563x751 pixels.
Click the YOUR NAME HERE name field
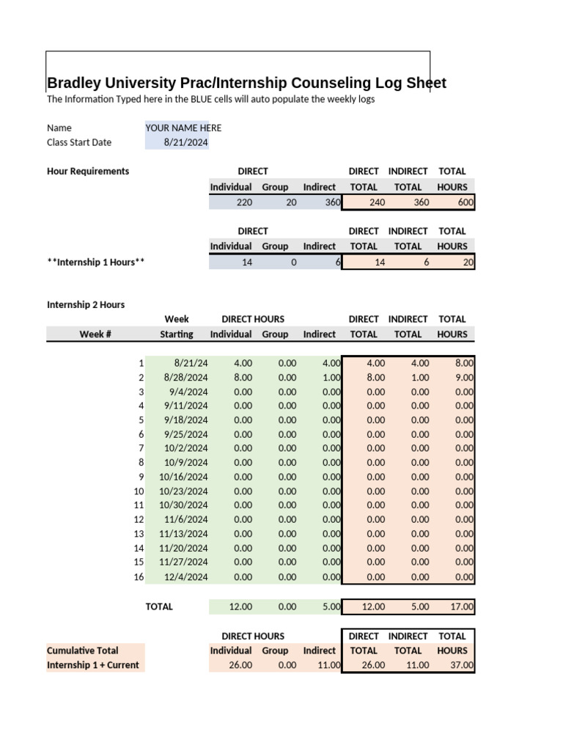coord(183,128)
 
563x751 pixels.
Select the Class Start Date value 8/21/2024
coord(186,142)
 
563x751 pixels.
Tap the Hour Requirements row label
coord(88,171)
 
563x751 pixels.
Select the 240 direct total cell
coord(375,202)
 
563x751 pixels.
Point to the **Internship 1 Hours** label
coord(95,262)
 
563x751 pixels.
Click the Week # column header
coord(95,334)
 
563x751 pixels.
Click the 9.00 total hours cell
coord(464,378)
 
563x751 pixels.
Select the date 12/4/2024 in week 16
coord(186,577)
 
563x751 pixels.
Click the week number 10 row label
coord(139,491)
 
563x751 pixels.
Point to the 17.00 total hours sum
coord(463,607)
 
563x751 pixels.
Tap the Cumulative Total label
coord(83,651)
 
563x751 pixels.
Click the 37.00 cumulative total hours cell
coord(463,666)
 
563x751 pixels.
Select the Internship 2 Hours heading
coord(86,304)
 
